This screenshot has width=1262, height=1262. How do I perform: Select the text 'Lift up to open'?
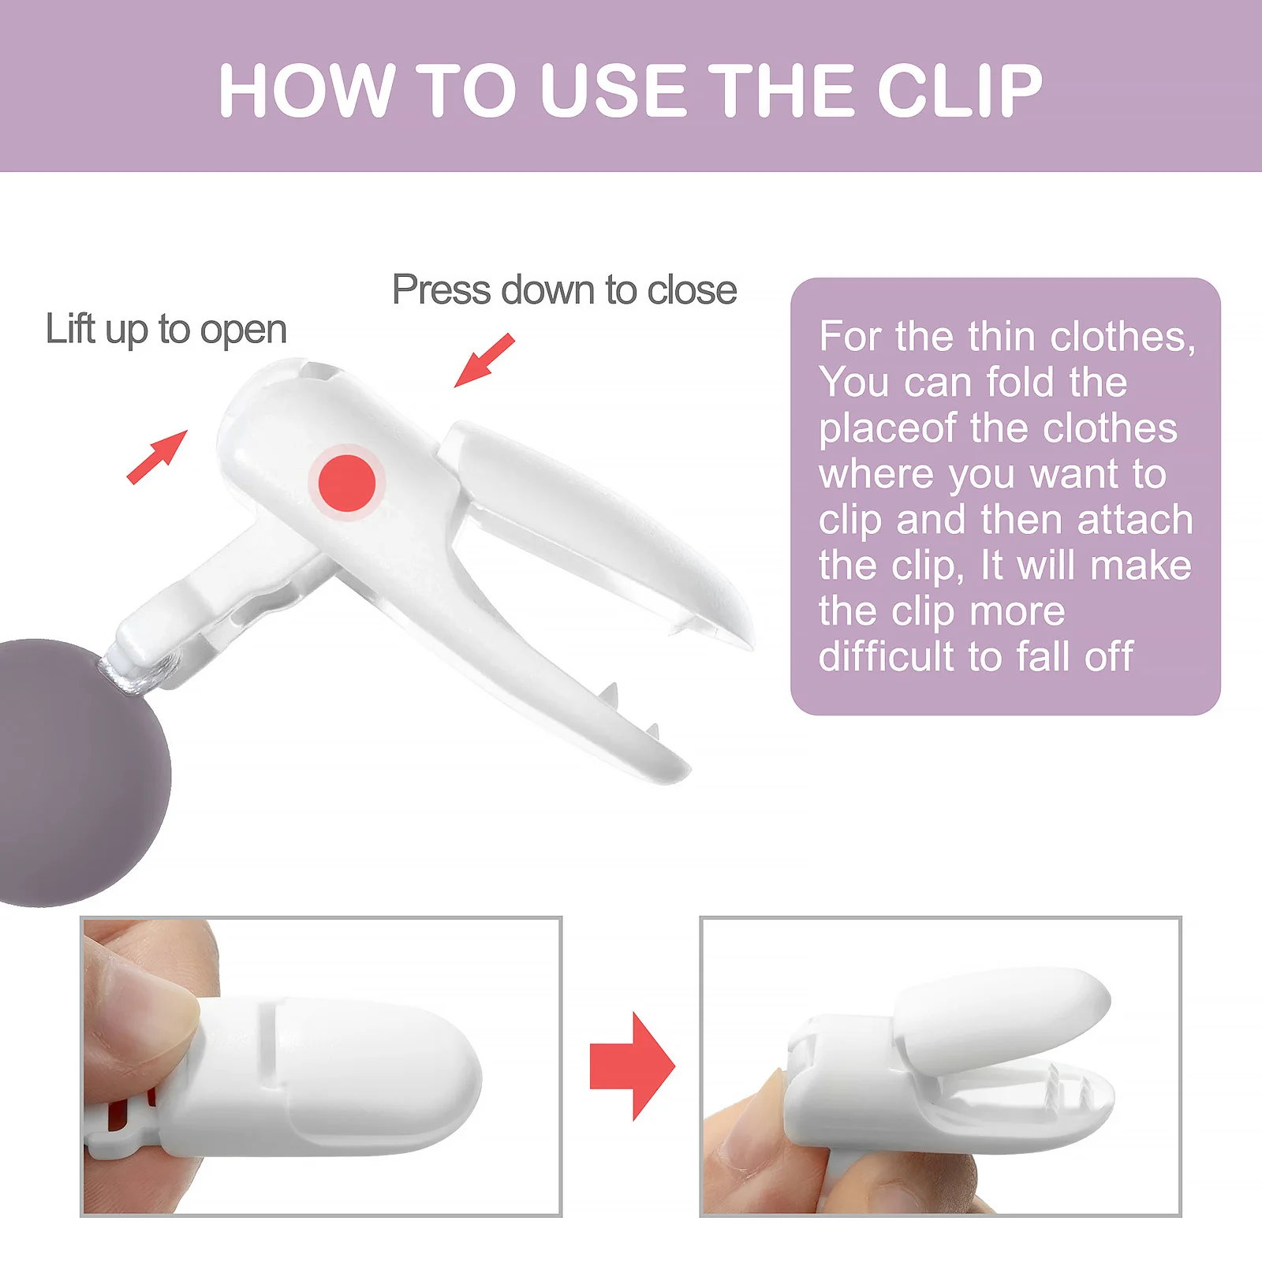[166, 329]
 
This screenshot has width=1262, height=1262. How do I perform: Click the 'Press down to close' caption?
[564, 289]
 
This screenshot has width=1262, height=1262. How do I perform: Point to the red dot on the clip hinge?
[347, 483]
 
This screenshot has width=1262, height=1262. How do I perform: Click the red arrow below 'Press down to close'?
[484, 360]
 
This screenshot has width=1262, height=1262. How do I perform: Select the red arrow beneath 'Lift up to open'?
[158, 457]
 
